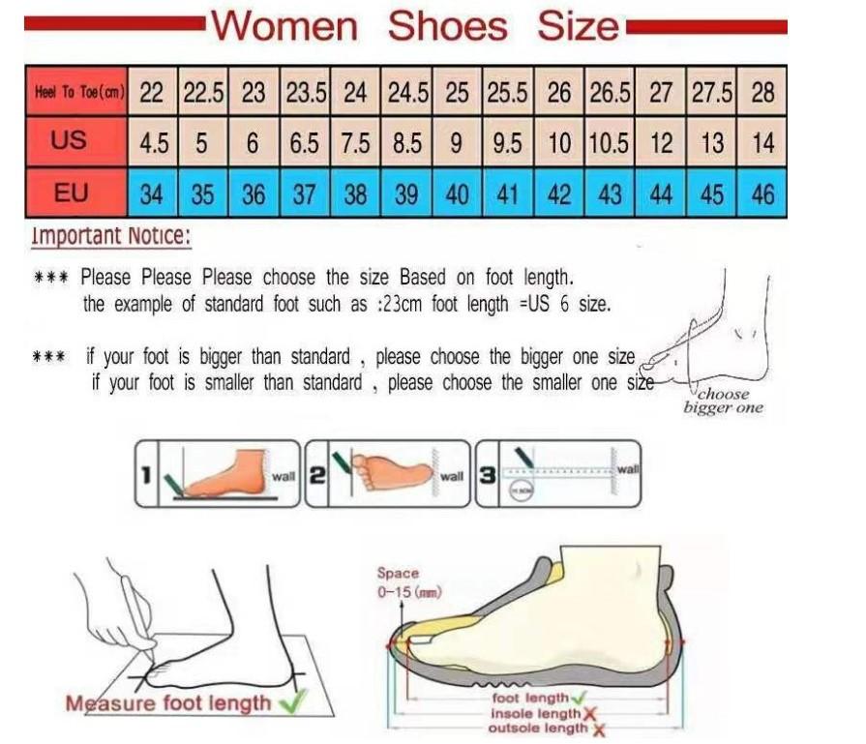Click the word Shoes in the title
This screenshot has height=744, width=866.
point(447,26)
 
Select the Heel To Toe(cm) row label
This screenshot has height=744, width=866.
point(75,92)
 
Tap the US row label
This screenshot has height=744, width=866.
point(69,141)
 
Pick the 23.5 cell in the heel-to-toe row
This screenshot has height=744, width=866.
point(304,93)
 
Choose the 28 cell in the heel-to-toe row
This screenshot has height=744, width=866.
point(762,93)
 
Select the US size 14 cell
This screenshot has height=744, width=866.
point(762,143)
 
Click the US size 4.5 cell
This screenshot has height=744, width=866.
point(153,143)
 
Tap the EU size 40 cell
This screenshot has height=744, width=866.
point(457,194)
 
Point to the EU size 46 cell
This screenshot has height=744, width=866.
point(762,194)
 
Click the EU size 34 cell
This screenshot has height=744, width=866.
point(152,194)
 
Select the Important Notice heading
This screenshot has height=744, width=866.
point(110,236)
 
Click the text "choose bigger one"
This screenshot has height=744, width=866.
point(723,401)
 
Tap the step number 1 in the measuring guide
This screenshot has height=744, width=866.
point(144,475)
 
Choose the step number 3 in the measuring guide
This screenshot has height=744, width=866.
point(488,475)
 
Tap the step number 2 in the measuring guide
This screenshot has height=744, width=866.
point(315,475)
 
